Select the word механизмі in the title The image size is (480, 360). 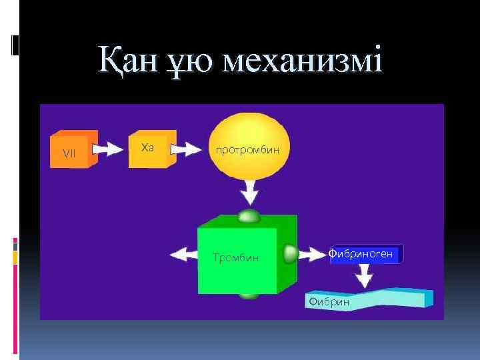coord(304,61)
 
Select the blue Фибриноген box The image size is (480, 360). coord(365,254)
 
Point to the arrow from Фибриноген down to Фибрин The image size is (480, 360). coord(365,274)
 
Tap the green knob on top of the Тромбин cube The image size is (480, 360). coord(249,216)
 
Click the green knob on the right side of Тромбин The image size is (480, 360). coord(290,253)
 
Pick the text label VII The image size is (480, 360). coord(69,153)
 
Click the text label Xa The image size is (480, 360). coord(148,147)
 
